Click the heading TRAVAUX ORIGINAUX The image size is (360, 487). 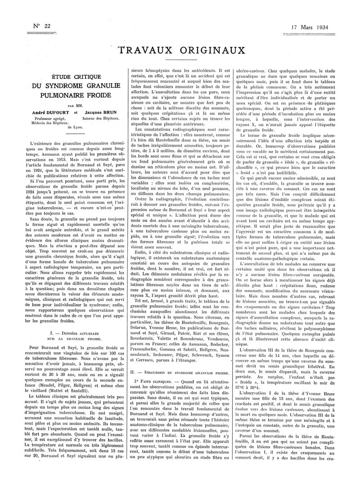pyautogui.click(x=180, y=50)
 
